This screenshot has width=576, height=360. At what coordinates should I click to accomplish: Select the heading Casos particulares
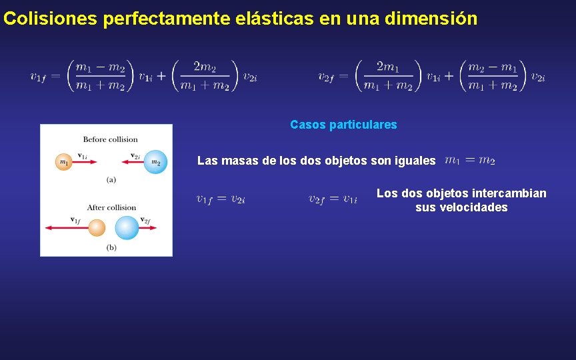[x=343, y=125]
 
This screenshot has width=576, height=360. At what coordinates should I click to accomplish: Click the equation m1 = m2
[x=469, y=161]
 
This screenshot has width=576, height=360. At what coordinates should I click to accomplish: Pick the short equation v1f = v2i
[x=221, y=199]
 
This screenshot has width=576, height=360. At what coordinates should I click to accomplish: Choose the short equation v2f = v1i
[x=333, y=199]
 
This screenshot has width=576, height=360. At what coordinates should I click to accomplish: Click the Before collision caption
[x=110, y=139]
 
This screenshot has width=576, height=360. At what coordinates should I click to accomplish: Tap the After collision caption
[x=111, y=207]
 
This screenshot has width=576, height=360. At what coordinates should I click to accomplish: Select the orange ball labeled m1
[x=64, y=162]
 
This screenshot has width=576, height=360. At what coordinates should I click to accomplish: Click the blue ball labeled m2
[x=155, y=162]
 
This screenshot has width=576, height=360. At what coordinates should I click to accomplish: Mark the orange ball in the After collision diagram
[x=97, y=228]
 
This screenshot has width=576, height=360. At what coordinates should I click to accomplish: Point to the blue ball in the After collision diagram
[x=127, y=228]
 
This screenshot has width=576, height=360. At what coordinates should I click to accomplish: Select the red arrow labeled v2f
[x=147, y=228]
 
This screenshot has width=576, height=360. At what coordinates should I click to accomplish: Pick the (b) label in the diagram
[x=111, y=247]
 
